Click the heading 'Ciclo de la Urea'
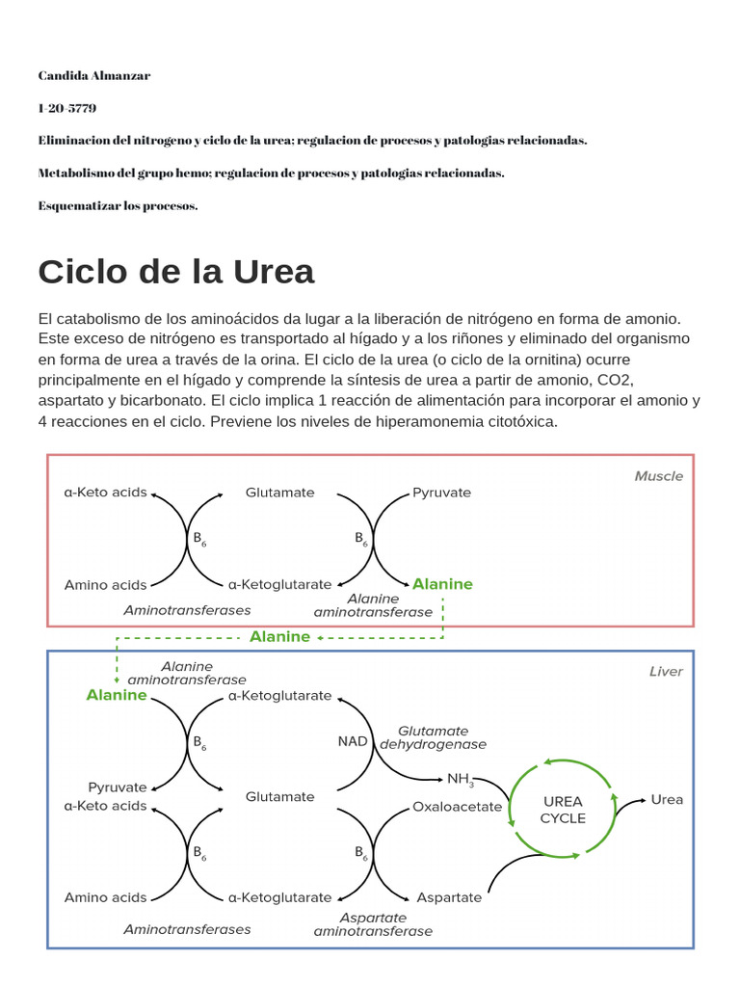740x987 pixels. [176, 272]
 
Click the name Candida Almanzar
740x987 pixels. [94, 75]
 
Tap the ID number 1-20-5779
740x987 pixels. [67, 108]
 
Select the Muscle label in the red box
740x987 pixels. [658, 476]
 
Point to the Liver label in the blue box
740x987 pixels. [666, 672]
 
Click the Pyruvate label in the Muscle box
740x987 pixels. [441, 493]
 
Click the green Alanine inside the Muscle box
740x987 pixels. [442, 584]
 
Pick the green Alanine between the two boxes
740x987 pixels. [279, 636]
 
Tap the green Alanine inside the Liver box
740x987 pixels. [117, 695]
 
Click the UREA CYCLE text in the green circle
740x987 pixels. [563, 810]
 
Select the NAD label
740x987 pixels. [353, 741]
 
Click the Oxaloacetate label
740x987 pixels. [457, 807]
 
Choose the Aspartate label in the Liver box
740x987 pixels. [449, 897]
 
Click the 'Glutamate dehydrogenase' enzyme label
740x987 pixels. [433, 737]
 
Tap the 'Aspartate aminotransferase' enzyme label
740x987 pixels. [373, 924]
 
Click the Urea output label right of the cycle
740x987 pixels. [667, 799]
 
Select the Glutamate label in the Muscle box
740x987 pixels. [279, 493]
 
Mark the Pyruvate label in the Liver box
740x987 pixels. [118, 787]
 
